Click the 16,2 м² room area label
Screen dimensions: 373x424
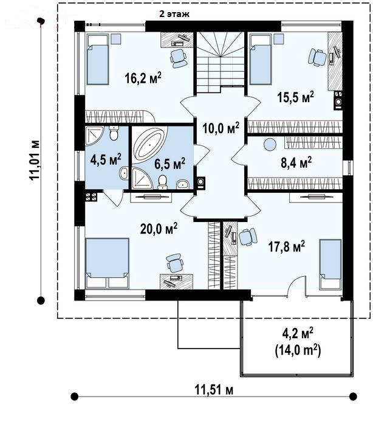143,78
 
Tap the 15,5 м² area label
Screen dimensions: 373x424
296,97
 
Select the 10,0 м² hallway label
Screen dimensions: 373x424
221,128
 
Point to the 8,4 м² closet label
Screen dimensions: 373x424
296,163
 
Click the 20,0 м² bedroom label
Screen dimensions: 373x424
159,229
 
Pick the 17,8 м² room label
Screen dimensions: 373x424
287,246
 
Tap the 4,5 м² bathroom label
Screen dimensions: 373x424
106,159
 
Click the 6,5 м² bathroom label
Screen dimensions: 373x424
169,164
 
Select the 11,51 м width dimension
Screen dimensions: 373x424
214,391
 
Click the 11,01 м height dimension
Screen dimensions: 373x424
35,160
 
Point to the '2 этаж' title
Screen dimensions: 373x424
174,14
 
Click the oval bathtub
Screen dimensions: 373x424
149,144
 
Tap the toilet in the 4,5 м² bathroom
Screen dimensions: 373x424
114,133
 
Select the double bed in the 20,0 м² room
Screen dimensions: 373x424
107,263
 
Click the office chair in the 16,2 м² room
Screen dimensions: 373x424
178,58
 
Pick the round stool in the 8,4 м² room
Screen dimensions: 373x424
270,144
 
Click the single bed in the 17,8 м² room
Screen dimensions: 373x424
330,265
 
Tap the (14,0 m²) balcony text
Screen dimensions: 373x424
298,351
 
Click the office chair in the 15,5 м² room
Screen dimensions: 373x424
317,57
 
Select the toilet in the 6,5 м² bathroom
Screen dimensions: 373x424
162,182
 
